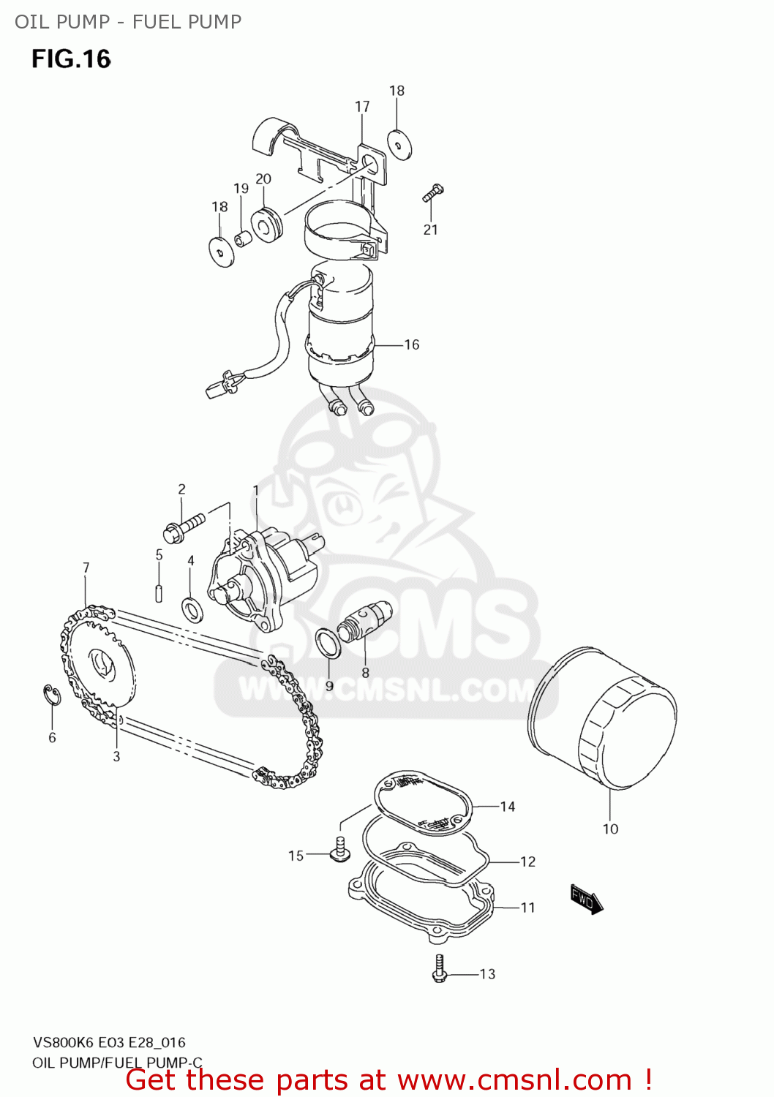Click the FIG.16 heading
tap(71, 59)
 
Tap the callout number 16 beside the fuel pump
tap(412, 344)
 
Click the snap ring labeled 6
tap(52, 695)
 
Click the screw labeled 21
tap(432, 193)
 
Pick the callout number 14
tap(508, 807)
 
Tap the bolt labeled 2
tap(184, 529)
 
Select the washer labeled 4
tap(192, 608)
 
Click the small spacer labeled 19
tap(243, 238)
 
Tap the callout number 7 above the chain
tap(86, 568)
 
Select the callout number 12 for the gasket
tap(528, 862)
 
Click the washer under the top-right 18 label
tap(399, 145)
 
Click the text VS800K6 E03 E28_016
tap(109, 1042)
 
